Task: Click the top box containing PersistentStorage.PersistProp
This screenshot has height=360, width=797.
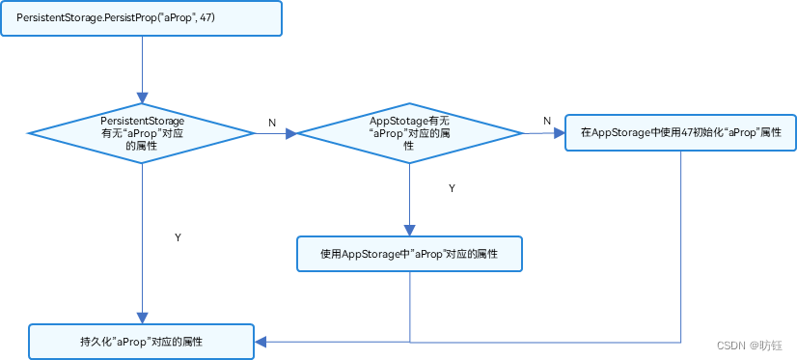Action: point(142,19)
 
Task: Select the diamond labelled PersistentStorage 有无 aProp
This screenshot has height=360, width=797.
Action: point(142,133)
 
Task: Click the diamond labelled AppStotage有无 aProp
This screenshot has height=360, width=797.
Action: point(409,133)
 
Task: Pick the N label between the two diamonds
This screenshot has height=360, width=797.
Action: point(271,123)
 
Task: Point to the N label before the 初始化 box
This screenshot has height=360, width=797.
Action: point(547,121)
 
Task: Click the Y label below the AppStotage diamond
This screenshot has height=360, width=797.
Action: point(452,188)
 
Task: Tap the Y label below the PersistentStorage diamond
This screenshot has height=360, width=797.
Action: point(177,236)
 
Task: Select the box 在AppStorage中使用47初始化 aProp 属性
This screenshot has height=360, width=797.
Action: point(680,132)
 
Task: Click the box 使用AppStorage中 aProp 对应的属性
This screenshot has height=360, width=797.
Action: point(409,254)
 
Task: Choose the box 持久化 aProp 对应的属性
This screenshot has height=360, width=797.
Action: point(142,342)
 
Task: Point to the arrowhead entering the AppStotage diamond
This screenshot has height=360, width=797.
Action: point(290,133)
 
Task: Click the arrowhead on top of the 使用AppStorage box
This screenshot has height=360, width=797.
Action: point(409,231)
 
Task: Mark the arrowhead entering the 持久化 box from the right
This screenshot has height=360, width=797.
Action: point(261,342)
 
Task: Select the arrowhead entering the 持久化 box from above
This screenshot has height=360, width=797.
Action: point(142,318)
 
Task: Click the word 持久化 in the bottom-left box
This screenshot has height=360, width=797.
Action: point(96,342)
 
